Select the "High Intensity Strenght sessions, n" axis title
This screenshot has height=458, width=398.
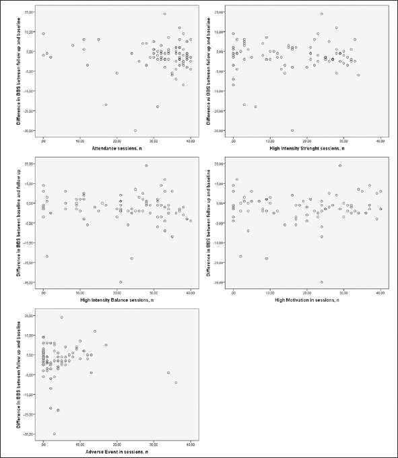pos(307,148)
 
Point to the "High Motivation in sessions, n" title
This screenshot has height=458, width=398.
pos(307,300)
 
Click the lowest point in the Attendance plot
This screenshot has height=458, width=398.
pos(135,131)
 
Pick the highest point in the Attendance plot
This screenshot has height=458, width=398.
pos(165,13)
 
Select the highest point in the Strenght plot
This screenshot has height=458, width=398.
pos(322,13)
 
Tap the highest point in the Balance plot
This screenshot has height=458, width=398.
pos(146,165)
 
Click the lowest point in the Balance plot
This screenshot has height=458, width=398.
pos(121,282)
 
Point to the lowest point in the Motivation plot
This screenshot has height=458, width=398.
pos(321,282)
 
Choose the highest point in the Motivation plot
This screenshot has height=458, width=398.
pos(340,165)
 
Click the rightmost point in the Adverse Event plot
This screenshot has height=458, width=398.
pos(176,383)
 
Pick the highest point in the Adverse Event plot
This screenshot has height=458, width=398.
pos(61,317)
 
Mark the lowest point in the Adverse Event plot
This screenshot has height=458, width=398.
pos(54,434)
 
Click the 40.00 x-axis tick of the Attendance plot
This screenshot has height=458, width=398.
pos(191,141)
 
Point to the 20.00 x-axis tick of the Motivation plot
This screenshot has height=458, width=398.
pos(306,292)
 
